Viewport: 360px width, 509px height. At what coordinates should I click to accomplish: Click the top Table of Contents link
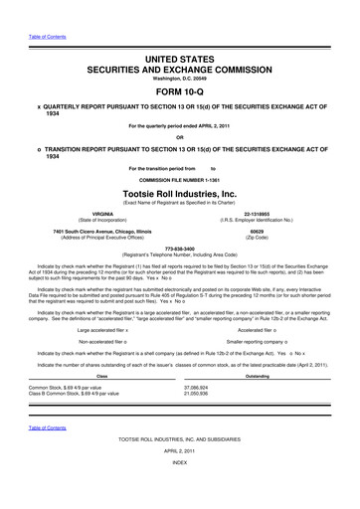coord(35,12)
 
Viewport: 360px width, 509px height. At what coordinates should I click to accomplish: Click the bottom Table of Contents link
coord(35,455)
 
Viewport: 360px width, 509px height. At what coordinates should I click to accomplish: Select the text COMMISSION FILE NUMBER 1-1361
coord(179,177)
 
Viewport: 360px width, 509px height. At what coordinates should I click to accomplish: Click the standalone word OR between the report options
coord(179,137)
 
